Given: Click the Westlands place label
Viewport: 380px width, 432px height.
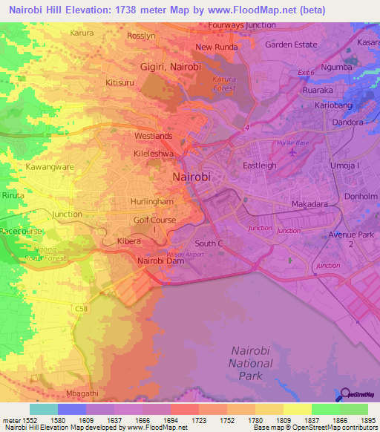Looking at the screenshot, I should [x=153, y=137].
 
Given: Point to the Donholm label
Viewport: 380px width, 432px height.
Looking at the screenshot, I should [x=361, y=197].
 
